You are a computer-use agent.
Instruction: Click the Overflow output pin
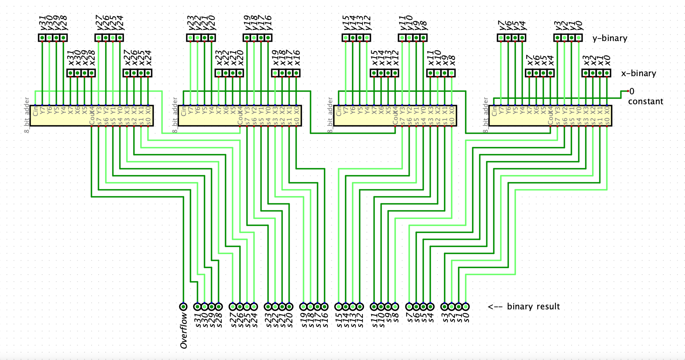183,306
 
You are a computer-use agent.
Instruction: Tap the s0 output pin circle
466,306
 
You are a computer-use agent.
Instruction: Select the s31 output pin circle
198,306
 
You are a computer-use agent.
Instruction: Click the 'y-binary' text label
610,38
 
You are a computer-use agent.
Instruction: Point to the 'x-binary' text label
638,73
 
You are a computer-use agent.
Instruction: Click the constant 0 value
632,91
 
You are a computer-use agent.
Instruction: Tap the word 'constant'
645,101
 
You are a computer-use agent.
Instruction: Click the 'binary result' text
533,306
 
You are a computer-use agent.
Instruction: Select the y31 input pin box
42,38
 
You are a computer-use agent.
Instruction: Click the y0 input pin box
579,38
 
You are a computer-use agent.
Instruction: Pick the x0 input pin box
607,73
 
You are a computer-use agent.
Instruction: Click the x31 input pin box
71,73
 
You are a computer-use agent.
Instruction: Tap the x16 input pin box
296,73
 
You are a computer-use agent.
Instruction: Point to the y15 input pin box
345,38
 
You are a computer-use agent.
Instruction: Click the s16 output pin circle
324,306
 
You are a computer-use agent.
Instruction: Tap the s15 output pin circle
338,306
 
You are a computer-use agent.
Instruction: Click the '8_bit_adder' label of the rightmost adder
485,115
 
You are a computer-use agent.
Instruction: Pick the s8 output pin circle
395,306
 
